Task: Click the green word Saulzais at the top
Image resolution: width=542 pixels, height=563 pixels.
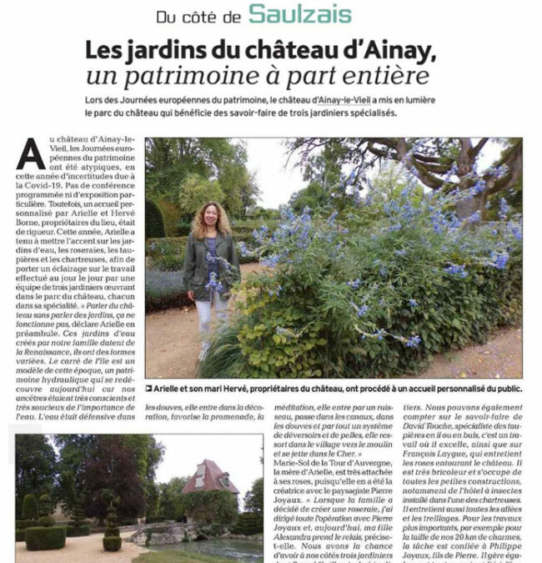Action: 299,14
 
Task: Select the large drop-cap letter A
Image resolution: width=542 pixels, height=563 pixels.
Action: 31,153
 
